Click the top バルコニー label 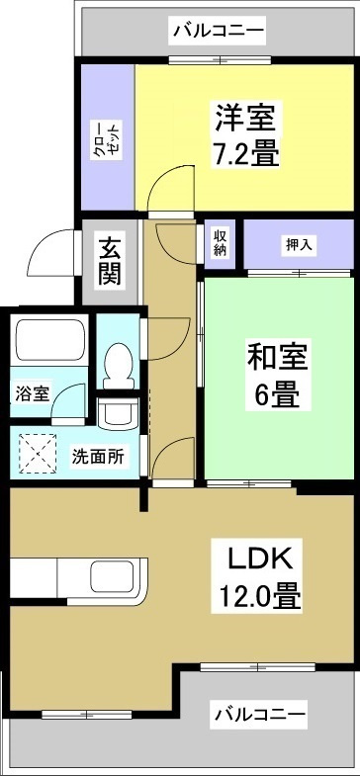click(x=218, y=31)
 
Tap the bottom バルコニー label click(x=259, y=713)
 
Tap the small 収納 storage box click(x=219, y=243)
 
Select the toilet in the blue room click(x=119, y=363)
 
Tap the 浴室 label click(x=32, y=393)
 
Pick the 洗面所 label click(x=98, y=457)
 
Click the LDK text click(x=261, y=559)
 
